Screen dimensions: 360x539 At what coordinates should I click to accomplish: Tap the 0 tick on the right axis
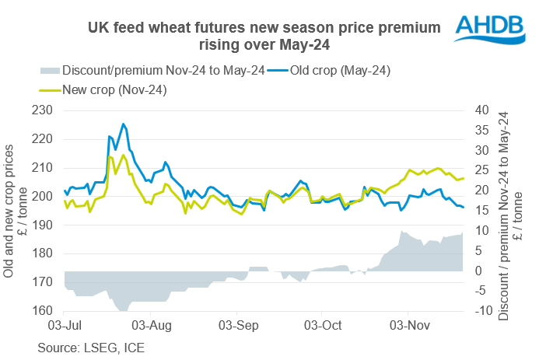(x=481, y=271)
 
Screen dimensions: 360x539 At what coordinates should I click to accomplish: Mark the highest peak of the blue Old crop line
(x=123, y=124)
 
